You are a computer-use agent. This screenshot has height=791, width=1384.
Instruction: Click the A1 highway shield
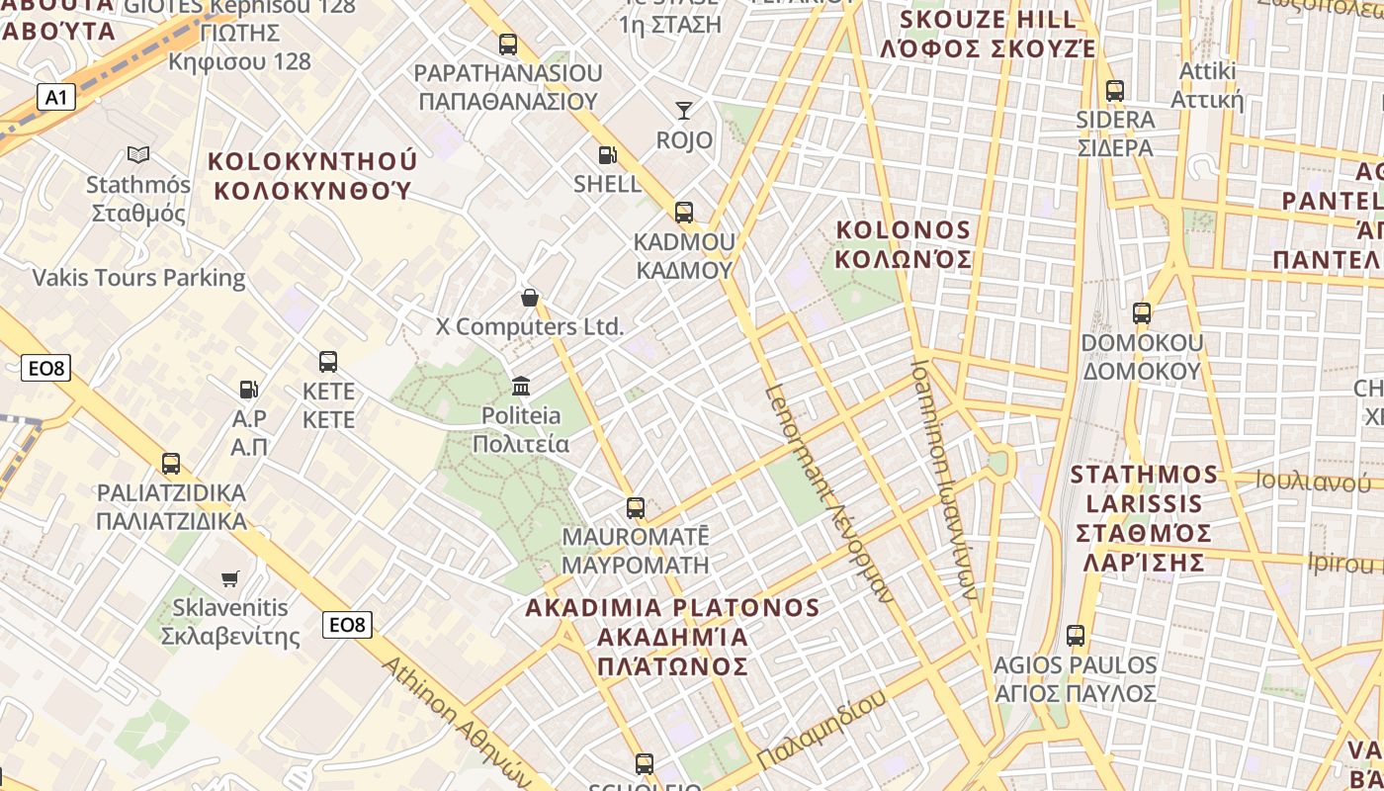click(x=55, y=97)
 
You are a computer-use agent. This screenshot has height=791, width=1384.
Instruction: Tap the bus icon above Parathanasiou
click(x=507, y=44)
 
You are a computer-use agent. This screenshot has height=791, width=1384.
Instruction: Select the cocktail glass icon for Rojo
click(x=684, y=110)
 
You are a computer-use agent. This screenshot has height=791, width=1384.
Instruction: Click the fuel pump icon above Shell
click(x=607, y=154)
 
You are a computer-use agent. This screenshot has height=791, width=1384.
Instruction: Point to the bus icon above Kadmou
click(x=683, y=212)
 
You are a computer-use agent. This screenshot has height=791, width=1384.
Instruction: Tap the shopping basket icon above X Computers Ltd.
click(x=530, y=297)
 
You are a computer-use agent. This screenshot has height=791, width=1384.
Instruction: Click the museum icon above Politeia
click(x=521, y=386)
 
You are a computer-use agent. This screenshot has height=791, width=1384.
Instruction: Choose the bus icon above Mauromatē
click(x=636, y=508)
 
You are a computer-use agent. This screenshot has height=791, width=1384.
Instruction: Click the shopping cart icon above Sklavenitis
click(x=230, y=577)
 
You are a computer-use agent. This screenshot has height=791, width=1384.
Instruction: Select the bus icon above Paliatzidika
click(x=171, y=463)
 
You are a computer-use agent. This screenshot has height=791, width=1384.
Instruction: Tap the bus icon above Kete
click(x=328, y=362)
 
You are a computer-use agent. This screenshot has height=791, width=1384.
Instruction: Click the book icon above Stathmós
click(x=138, y=154)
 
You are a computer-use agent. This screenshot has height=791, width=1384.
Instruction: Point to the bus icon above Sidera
click(x=1115, y=90)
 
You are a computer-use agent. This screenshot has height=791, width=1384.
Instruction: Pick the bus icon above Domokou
click(x=1142, y=313)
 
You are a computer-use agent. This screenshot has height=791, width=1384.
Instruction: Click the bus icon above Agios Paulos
click(x=1076, y=636)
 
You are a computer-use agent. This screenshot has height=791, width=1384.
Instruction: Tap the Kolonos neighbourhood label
click(x=904, y=244)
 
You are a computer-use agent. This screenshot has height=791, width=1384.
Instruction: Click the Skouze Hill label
click(x=989, y=34)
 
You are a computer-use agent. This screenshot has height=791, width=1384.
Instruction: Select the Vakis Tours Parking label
click(x=138, y=277)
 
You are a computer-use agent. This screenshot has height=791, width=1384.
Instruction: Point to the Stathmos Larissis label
click(x=1145, y=518)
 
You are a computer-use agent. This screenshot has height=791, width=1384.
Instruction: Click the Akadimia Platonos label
click(x=672, y=637)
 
